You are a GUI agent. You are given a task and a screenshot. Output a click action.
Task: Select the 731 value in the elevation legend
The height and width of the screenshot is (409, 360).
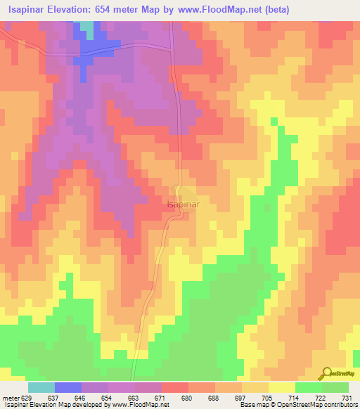(345, 398)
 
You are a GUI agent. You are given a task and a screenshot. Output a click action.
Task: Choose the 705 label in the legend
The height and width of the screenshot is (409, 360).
(267, 398)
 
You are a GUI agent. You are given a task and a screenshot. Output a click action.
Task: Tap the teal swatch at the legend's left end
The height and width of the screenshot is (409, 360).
(41, 387)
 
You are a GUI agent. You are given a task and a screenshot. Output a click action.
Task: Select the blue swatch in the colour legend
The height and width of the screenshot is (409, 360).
(68, 387)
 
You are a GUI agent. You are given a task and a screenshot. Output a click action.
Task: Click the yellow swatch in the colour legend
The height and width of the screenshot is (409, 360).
(282, 387)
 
